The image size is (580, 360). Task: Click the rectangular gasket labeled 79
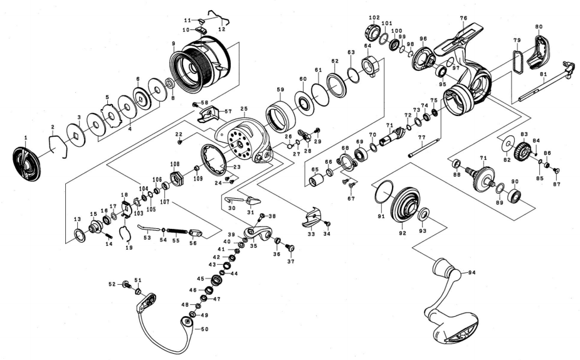[517, 60]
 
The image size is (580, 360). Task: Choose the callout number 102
[374, 18]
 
